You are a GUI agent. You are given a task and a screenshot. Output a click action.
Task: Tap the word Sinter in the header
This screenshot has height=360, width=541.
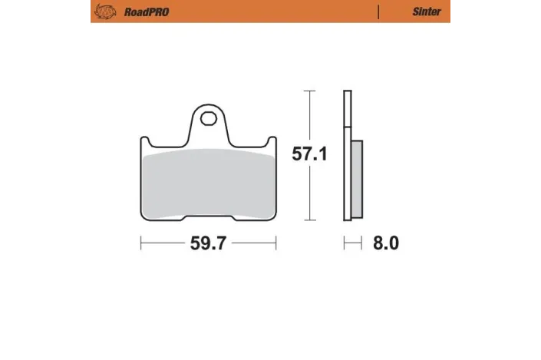(427, 12)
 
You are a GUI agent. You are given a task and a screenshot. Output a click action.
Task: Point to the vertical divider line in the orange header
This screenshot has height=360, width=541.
(378, 12)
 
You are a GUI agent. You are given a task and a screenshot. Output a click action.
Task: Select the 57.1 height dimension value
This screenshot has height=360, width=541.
(309, 154)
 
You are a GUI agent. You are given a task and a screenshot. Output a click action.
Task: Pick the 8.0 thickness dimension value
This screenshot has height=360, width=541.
(386, 244)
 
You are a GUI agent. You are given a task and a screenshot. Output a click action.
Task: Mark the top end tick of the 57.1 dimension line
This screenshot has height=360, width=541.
(309, 91)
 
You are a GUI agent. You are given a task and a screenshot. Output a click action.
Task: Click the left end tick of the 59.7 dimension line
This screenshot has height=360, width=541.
(140, 244)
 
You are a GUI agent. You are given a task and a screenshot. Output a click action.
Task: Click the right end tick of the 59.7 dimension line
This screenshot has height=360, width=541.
(275, 244)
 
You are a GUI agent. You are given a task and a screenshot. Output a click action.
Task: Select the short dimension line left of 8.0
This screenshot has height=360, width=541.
(352, 244)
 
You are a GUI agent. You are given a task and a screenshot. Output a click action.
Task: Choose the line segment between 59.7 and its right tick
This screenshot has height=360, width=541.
(253, 244)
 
